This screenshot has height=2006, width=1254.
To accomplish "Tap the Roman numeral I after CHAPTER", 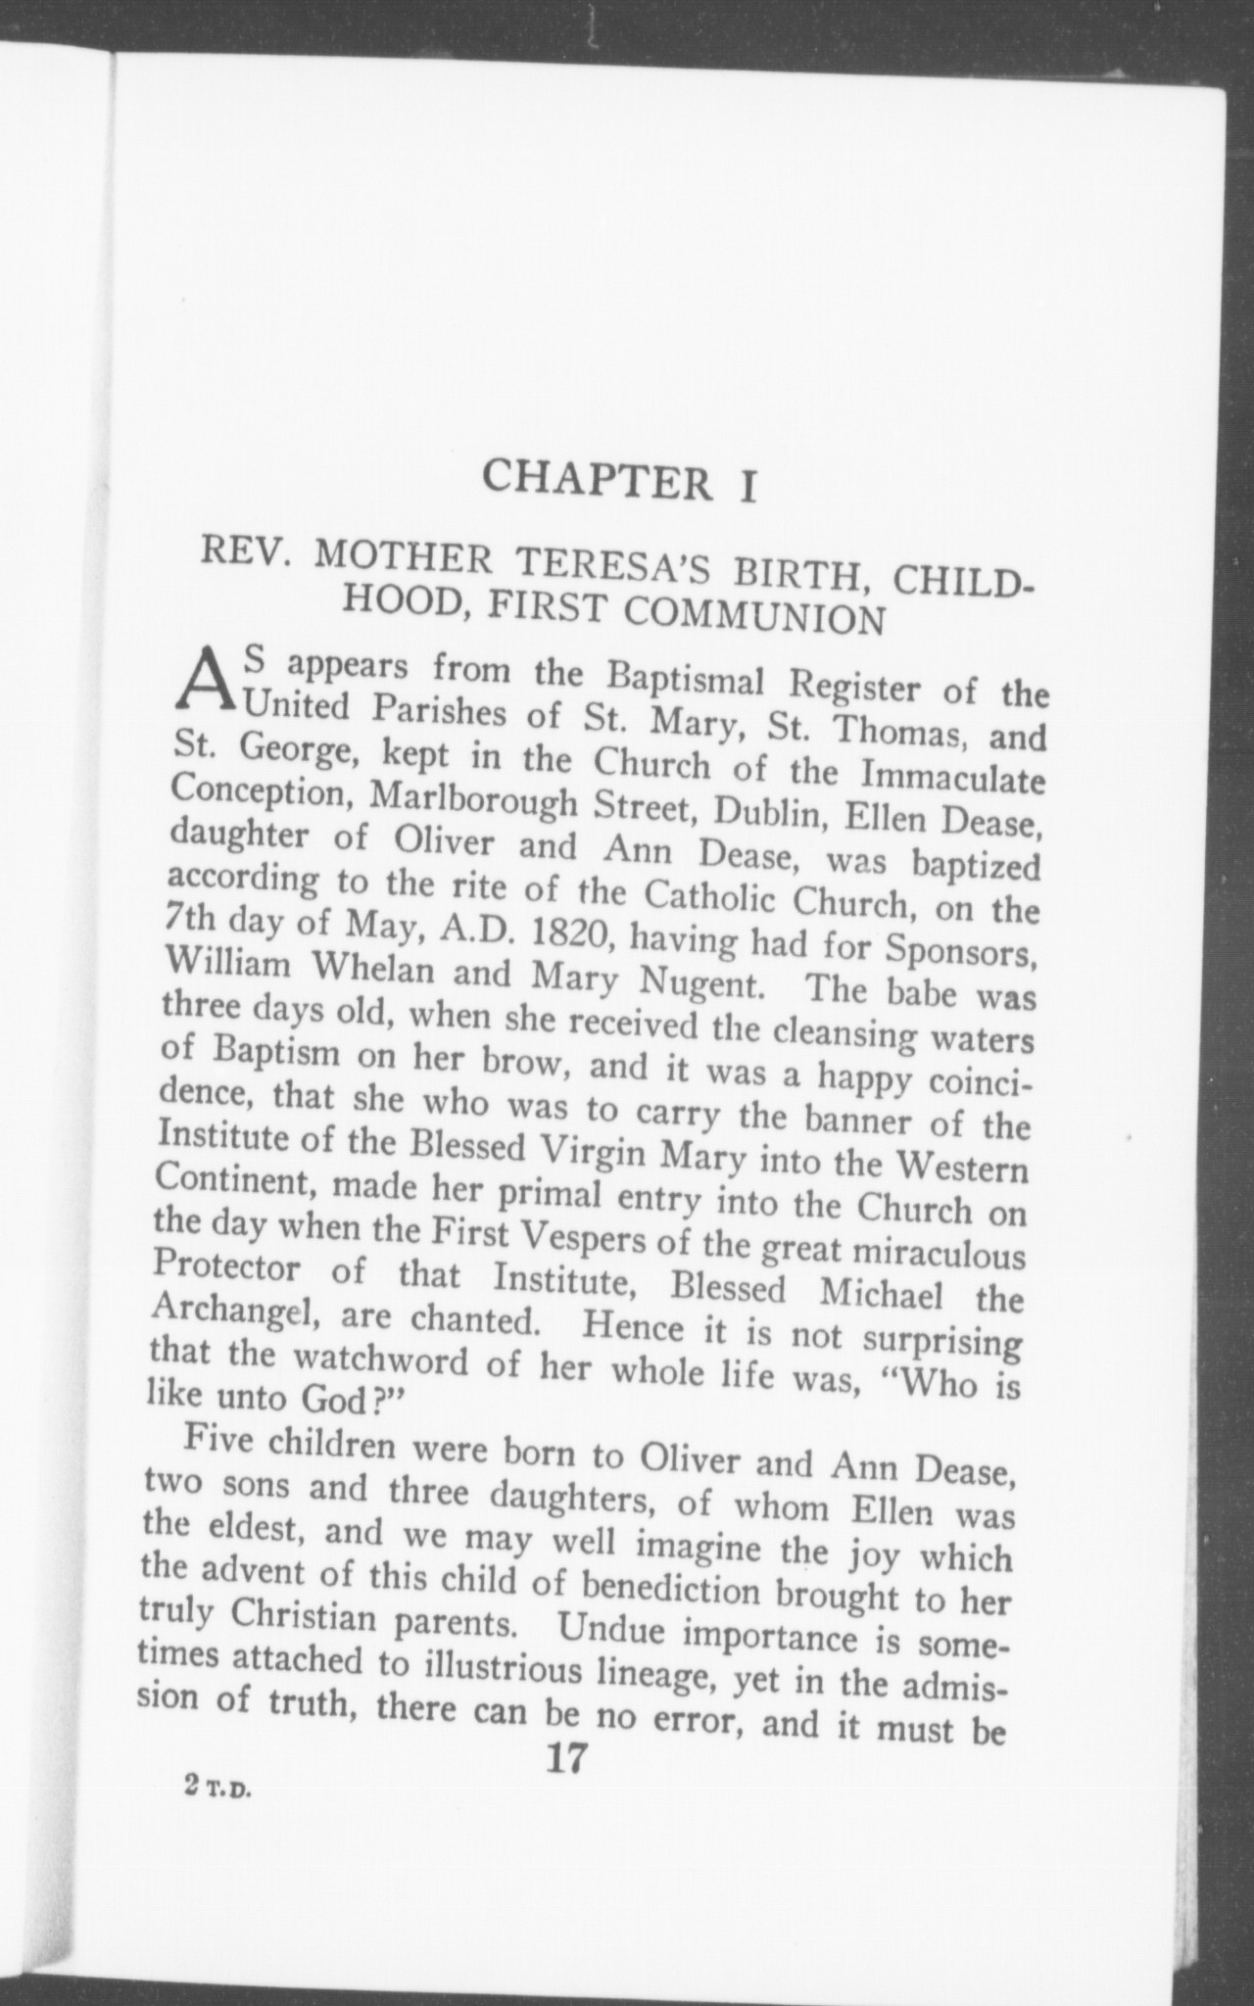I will click(747, 487).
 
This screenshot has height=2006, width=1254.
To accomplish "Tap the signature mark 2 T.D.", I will click(217, 1785).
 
